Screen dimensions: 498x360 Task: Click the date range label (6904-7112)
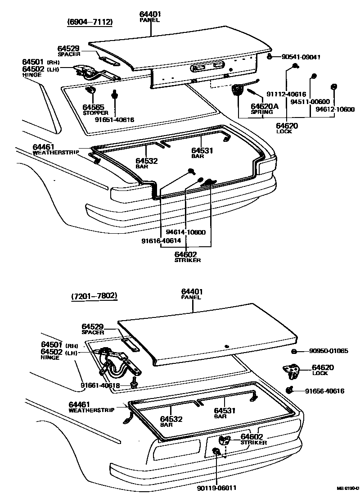[x=90, y=22]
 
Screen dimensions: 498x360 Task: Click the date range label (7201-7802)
[x=94, y=296]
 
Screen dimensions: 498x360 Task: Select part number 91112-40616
[x=286, y=94]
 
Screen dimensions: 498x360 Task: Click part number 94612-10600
[x=335, y=109]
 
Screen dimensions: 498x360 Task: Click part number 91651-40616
[x=114, y=120]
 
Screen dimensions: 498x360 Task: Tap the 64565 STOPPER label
[x=94, y=109]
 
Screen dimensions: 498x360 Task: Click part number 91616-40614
[x=161, y=241]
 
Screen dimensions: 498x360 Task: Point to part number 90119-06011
[x=216, y=488]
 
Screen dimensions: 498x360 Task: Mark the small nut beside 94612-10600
[x=333, y=86]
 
